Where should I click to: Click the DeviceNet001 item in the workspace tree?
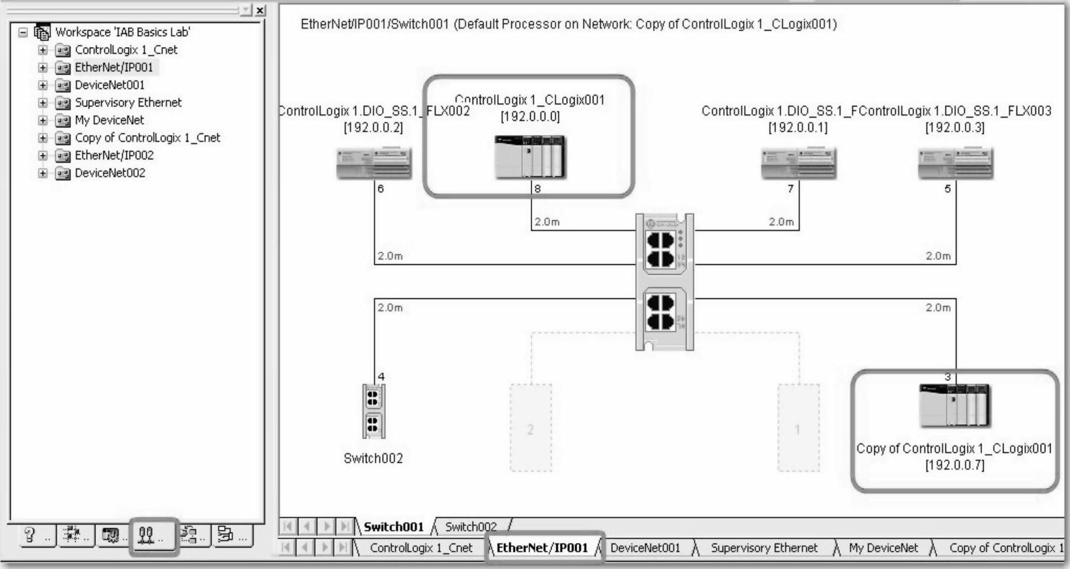(109, 85)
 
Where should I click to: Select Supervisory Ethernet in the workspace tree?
(128, 102)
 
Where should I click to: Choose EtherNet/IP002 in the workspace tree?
(114, 155)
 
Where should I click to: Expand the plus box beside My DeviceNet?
(43, 120)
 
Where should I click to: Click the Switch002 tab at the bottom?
(471, 527)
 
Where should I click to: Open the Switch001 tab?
(393, 527)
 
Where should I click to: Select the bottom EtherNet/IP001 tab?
(542, 548)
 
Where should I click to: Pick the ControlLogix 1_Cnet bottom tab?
(421, 548)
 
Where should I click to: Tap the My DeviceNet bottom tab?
(883, 548)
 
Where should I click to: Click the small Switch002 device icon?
(373, 411)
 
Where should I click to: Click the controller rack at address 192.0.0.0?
(530, 157)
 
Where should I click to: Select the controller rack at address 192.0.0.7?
(955, 405)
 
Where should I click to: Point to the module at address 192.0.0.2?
(374, 163)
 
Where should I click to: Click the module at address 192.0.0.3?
(955, 163)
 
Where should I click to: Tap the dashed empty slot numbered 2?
(530, 428)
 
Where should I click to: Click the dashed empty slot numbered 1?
(798, 428)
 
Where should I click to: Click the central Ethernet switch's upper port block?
(661, 250)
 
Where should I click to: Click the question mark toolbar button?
(29, 536)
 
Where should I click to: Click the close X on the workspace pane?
(260, 10)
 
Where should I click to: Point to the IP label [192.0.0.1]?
(797, 128)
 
